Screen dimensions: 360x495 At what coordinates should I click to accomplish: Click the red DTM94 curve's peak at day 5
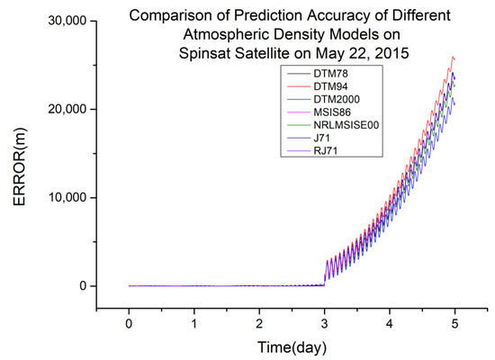(453, 57)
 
